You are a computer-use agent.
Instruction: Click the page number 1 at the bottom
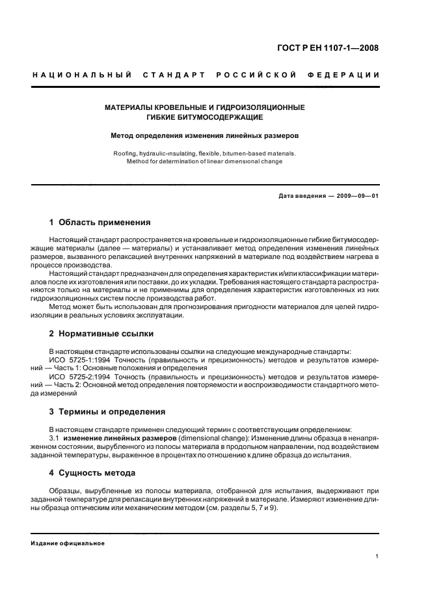(377, 556)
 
